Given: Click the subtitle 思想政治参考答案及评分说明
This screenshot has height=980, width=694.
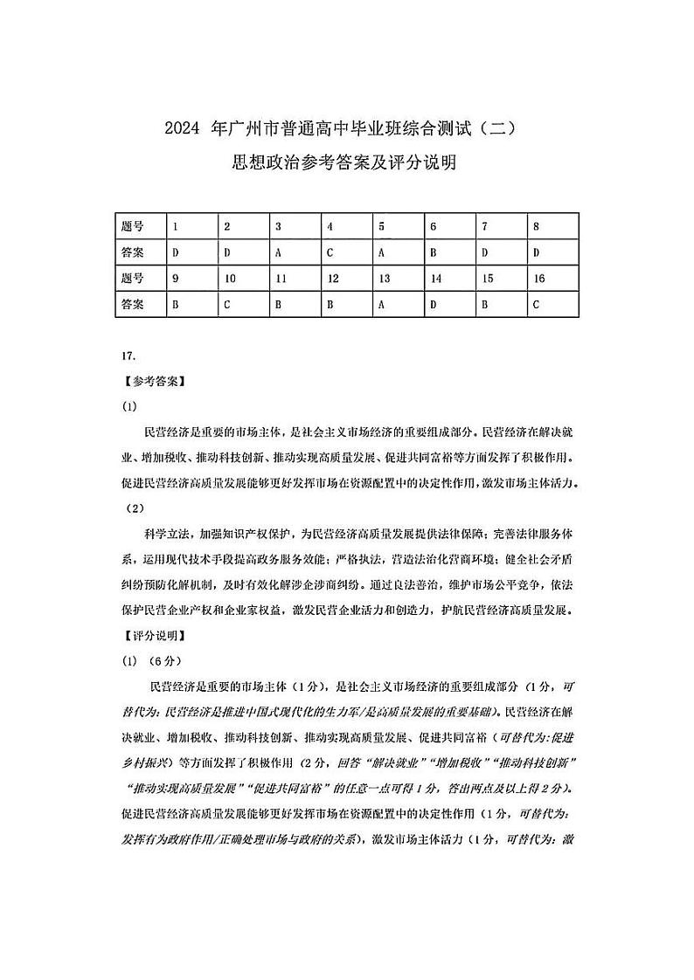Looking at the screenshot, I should [x=345, y=162].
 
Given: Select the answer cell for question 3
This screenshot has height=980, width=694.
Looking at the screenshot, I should [x=295, y=252].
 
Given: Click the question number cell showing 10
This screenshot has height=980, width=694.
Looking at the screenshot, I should [x=243, y=279].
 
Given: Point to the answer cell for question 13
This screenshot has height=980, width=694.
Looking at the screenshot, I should [x=398, y=304].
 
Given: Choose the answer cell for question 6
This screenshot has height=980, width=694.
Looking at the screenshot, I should [x=449, y=252].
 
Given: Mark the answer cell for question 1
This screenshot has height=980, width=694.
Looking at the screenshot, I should [x=191, y=252].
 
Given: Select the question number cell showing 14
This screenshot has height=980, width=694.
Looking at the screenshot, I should [x=449, y=279].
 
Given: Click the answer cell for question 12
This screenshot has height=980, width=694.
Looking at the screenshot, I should [x=346, y=304].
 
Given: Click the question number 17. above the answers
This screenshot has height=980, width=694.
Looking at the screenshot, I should [x=129, y=356].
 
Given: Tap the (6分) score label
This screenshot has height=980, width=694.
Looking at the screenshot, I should [x=163, y=660].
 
